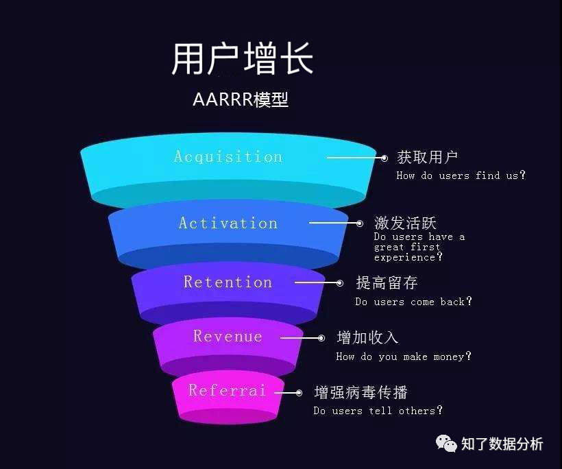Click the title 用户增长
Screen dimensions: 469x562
click(242, 59)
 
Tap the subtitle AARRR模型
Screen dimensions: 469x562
click(241, 99)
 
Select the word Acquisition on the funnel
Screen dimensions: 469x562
click(228, 156)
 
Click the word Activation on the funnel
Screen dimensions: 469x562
click(228, 223)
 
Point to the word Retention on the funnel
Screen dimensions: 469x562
click(228, 282)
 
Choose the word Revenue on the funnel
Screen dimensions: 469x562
click(228, 336)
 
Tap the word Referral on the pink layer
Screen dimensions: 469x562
click(227, 390)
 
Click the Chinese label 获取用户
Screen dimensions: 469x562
click(428, 157)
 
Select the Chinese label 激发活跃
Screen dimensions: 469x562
click(405, 223)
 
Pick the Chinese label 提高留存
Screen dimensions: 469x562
click(387, 282)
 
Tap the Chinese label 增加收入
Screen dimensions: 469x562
click(367, 337)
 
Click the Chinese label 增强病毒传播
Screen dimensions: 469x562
click(361, 392)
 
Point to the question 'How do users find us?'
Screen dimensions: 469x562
click(461, 176)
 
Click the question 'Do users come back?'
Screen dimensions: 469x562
click(413, 302)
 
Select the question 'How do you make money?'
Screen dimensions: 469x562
click(404, 357)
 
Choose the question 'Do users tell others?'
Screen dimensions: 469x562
click(378, 411)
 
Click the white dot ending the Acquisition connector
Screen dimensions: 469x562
click(384, 158)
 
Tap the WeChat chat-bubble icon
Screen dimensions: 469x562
click(446, 444)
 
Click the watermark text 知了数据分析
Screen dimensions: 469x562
click(502, 444)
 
